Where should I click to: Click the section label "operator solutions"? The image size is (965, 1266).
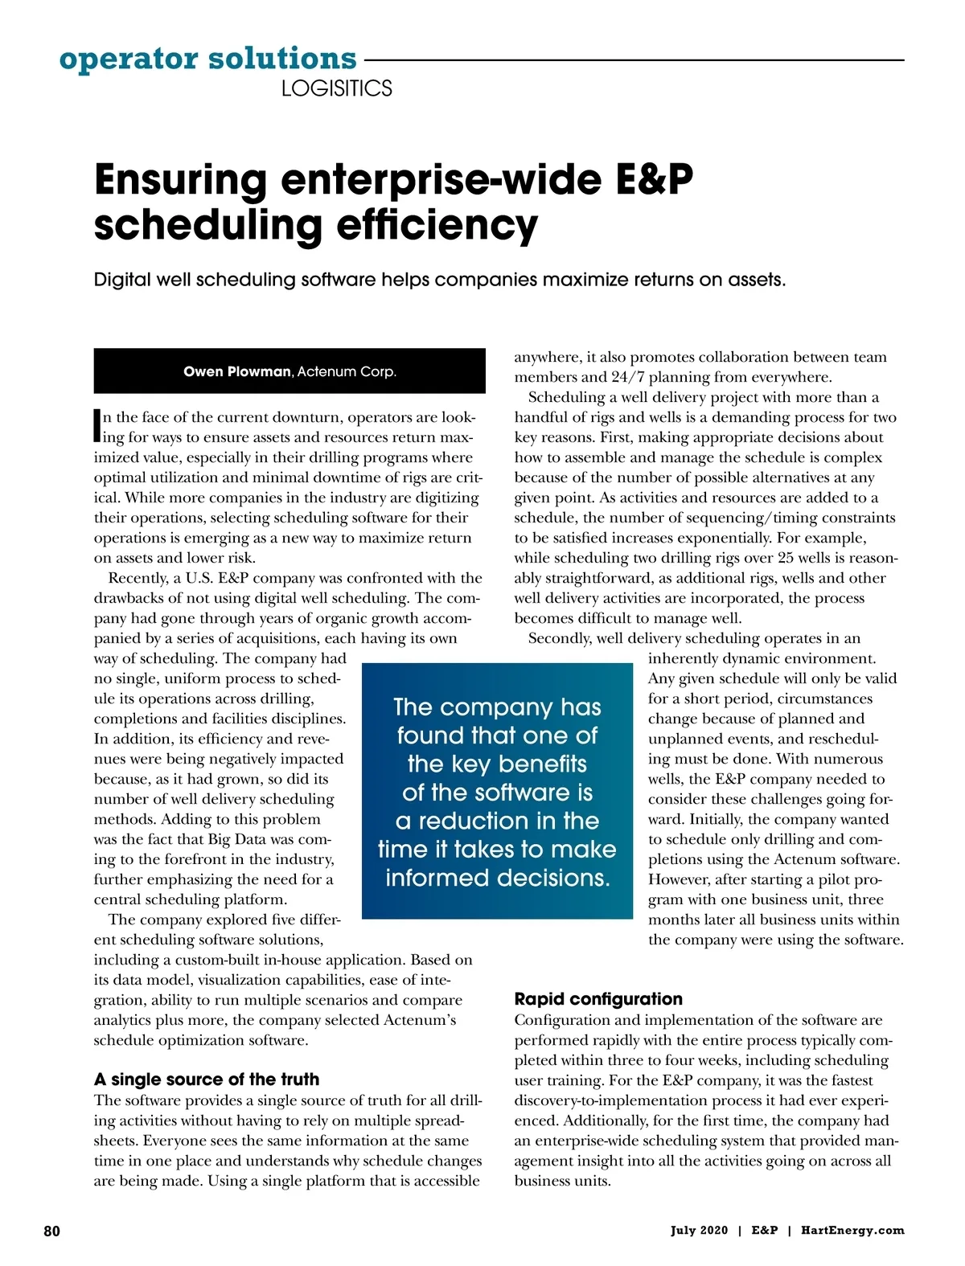pos(207,59)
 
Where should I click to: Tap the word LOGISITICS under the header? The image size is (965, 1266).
pos(336,88)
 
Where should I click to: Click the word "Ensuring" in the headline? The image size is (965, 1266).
pos(180,180)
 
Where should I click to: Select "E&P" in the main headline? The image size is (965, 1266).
pos(655,180)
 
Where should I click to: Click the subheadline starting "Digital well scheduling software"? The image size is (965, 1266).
pos(439,280)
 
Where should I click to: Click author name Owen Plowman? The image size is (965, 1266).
pos(236,371)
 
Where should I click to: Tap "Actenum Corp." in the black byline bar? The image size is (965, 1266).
pos(347,371)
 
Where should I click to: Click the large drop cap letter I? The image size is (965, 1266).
pos(97,426)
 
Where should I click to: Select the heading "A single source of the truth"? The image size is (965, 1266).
pos(207,1079)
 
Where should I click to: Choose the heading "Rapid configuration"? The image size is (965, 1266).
pos(598,998)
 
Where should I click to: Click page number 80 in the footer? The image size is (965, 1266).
pos(51,1231)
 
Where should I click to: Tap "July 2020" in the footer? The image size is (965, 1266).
pos(699,1231)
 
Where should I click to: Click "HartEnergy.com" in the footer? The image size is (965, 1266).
pos(852,1231)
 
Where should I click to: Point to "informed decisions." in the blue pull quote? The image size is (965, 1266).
pos(497,878)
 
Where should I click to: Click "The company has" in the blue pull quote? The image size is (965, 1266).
pos(497,707)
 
